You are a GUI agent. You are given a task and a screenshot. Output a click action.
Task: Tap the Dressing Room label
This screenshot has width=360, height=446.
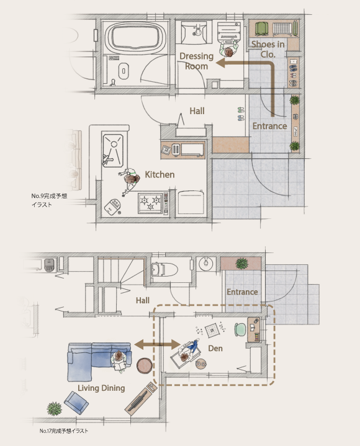(x=196, y=61)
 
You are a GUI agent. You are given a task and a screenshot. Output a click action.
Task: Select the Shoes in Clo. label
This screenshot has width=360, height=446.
(x=268, y=49)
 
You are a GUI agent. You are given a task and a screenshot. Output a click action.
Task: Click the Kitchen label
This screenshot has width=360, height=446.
(x=160, y=174)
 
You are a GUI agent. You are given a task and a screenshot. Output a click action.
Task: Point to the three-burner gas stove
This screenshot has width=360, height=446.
(x=151, y=203)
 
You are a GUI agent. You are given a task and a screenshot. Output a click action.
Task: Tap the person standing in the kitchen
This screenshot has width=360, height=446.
(x=130, y=181)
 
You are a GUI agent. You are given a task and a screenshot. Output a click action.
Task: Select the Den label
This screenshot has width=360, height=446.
(x=215, y=349)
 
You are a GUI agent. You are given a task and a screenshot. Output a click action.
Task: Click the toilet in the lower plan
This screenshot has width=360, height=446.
(x=164, y=270)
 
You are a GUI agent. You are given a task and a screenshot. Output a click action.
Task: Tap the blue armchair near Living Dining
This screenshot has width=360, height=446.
(x=76, y=403)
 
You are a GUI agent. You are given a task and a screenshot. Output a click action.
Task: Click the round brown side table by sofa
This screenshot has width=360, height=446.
(x=144, y=365)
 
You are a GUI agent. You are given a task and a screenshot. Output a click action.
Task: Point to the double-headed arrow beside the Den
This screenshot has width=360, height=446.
(x=158, y=345)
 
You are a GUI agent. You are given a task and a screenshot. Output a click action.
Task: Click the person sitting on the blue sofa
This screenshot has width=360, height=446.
(x=120, y=360)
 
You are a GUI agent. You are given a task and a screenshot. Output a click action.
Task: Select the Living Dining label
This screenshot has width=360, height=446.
(x=101, y=388)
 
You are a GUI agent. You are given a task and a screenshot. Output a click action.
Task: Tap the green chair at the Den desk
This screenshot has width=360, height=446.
(x=241, y=329)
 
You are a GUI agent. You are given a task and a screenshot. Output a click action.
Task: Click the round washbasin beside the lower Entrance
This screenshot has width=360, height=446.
(x=206, y=264)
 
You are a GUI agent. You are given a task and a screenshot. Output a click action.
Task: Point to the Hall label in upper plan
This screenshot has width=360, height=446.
(x=197, y=111)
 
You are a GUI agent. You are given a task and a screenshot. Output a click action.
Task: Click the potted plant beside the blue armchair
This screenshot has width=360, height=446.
(x=55, y=409)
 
